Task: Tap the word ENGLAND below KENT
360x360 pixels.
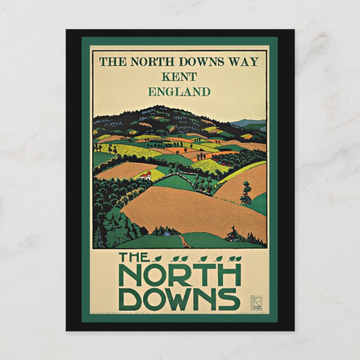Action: coord(179,91)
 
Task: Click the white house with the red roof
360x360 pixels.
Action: coord(146,176)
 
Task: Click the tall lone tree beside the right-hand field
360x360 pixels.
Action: coord(246,193)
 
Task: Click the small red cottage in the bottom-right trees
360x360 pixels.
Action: coord(230,237)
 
